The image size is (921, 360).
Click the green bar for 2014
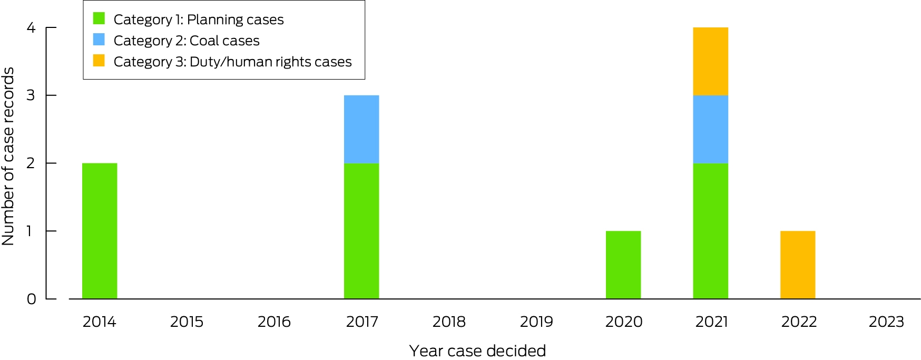pyautogui.click(x=100, y=231)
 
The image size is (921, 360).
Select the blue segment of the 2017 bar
pyautogui.click(x=361, y=129)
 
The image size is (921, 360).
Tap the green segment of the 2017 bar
pyautogui.click(x=361, y=231)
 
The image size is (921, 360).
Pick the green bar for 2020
pyautogui.click(x=623, y=265)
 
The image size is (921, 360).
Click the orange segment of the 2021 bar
pyautogui.click(x=711, y=61)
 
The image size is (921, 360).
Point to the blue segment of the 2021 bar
pyautogui.click(x=711, y=129)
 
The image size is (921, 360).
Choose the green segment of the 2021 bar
pyautogui.click(x=711, y=231)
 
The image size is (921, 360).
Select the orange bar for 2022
pyautogui.click(x=798, y=265)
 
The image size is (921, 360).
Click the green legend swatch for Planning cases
pyautogui.click(x=99, y=18)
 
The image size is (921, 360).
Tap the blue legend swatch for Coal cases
pyautogui.click(x=99, y=40)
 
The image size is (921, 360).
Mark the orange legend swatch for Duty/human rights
pyautogui.click(x=99, y=61)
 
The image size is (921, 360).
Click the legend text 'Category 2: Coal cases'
pyautogui.click(x=187, y=41)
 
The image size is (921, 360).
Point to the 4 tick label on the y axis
pyautogui.click(x=31, y=27)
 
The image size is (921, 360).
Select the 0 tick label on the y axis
pyautogui.click(x=31, y=299)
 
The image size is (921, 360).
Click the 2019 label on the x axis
pyautogui.click(x=536, y=322)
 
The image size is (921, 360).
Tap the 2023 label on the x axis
pyautogui.click(x=886, y=322)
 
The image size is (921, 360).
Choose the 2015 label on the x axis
pyautogui.click(x=187, y=322)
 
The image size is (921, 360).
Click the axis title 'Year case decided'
pyautogui.click(x=477, y=351)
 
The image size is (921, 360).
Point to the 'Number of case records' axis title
pyautogui.click(x=8, y=157)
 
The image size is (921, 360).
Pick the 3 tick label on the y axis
pyautogui.click(x=31, y=95)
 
